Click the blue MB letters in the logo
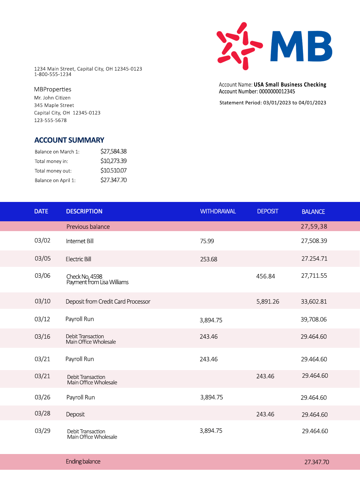pos(301,46)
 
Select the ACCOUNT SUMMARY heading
pos(69,140)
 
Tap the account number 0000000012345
pos(277,91)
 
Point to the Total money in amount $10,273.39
pos(114,161)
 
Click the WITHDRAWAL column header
pos(218,211)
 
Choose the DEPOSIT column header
pos(268,211)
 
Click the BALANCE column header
pos(313,212)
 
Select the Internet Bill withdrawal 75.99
pos(207,241)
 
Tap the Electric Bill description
pos(79,259)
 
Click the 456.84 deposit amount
pos(265,276)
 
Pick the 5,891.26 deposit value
pos(268,302)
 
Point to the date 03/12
pos(43,319)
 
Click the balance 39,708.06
pos(314,320)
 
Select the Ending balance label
pos(83,462)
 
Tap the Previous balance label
pos(88,227)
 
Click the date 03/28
pos(43,413)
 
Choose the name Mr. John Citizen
pos(52,98)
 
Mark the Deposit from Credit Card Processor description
pos(108,302)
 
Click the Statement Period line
pos(273,103)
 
